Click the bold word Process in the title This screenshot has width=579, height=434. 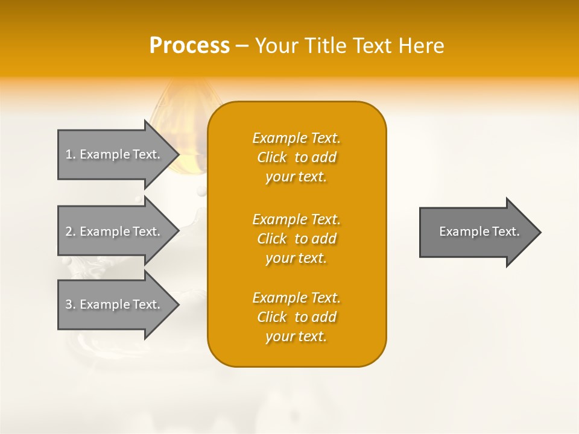[189, 46]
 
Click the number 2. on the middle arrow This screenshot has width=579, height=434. [71, 231]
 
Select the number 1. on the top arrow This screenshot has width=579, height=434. [71, 154]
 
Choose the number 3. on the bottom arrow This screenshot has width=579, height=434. [71, 304]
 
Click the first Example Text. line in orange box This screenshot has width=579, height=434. [296, 138]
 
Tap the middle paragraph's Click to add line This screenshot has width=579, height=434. [296, 239]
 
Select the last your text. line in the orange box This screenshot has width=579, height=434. [296, 336]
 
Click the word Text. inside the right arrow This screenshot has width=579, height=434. [505, 231]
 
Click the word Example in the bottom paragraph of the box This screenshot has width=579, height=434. [279, 298]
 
